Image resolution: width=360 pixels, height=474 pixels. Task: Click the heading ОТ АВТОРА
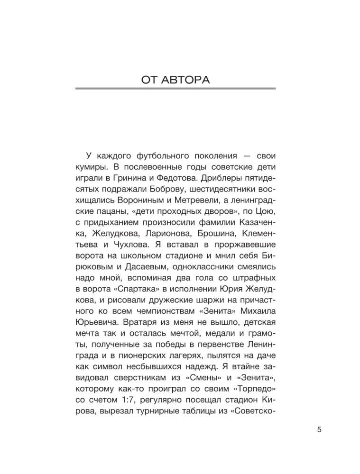point(175,79)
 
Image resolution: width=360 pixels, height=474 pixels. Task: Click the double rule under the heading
point(175,89)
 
